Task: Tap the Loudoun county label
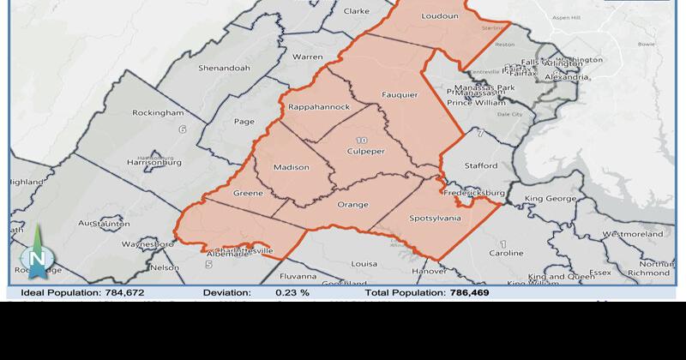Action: pyautogui.click(x=440, y=15)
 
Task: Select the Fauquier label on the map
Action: pyautogui.click(x=400, y=96)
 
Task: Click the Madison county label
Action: pyautogui.click(x=291, y=167)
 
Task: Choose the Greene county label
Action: pyautogui.click(x=248, y=193)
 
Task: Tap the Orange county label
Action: pyautogui.click(x=352, y=204)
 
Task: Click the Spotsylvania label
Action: pyautogui.click(x=435, y=218)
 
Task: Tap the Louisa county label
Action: pyautogui.click(x=364, y=264)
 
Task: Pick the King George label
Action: pyautogui.click(x=550, y=199)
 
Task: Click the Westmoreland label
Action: pyautogui.click(x=633, y=233)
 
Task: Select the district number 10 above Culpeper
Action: pyautogui.click(x=361, y=140)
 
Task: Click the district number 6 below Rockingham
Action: pyautogui.click(x=182, y=129)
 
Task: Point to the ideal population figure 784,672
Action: pyautogui.click(x=138, y=292)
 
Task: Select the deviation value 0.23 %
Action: pyautogui.click(x=292, y=292)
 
